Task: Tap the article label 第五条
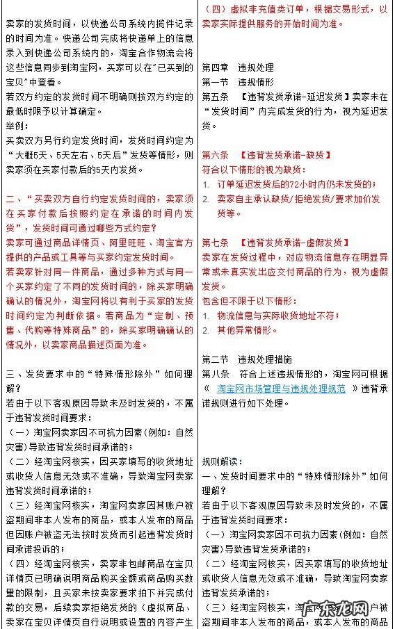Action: (215, 97)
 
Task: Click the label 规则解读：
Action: (220, 461)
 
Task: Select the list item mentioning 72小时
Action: (296, 184)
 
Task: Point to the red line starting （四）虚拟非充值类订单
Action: (295, 9)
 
